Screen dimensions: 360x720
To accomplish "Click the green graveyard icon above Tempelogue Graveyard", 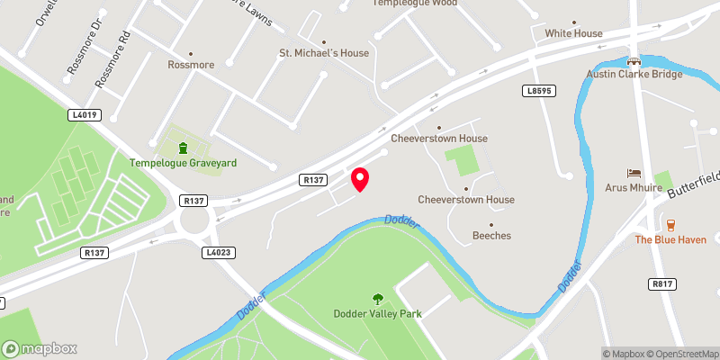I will [x=183, y=148].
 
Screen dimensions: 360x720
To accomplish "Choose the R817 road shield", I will [x=661, y=283].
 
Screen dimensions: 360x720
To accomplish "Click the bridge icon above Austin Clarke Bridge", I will [x=634, y=60].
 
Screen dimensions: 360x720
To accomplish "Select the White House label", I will [x=573, y=33].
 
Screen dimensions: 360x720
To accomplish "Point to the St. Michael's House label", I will [x=324, y=53].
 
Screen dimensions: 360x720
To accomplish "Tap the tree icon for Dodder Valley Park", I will [x=377, y=297].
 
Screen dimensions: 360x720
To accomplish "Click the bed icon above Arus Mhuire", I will [x=634, y=173].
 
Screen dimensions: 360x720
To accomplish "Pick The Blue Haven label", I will [x=669, y=239].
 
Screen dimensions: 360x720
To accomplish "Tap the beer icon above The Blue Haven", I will [x=670, y=224].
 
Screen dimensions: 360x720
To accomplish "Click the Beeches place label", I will [x=491, y=236].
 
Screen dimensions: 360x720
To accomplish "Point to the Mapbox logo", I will [x=40, y=348].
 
